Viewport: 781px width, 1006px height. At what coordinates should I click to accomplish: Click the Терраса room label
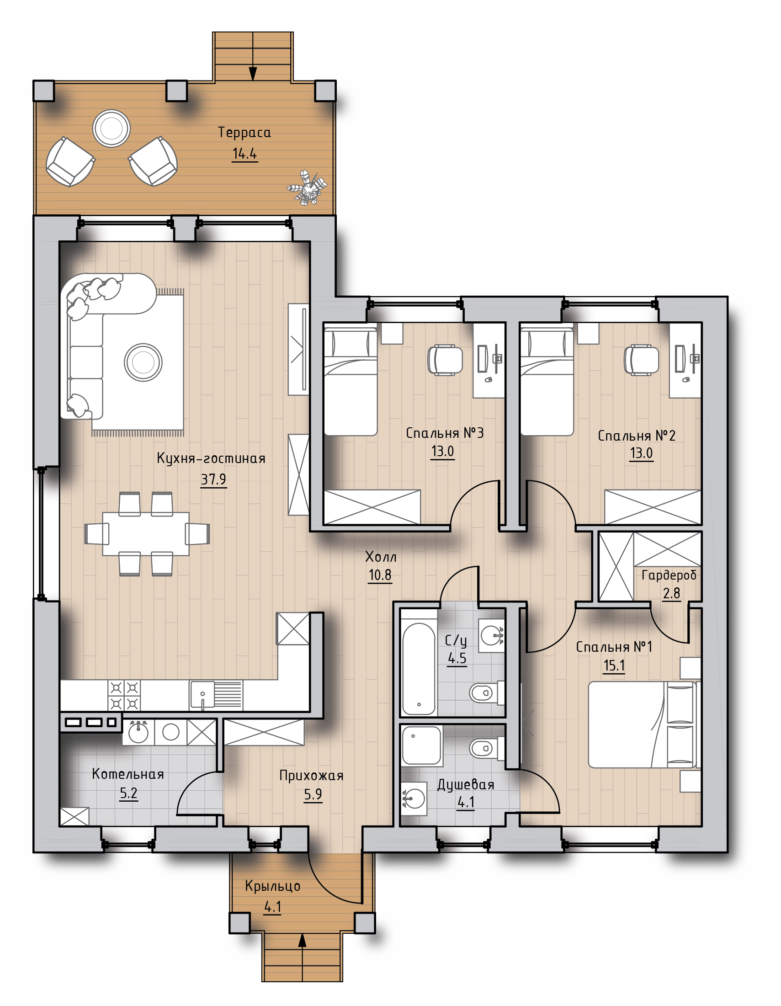click(244, 133)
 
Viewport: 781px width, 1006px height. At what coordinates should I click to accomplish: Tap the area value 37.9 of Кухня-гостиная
click(214, 479)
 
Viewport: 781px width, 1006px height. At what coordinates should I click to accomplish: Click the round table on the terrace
click(112, 128)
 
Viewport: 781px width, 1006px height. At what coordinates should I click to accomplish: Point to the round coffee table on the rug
click(143, 362)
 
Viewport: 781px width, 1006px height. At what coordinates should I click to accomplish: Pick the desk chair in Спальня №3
click(445, 360)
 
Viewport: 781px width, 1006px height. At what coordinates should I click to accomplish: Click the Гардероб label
click(669, 575)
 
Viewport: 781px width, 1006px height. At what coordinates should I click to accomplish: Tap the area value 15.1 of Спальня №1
click(614, 665)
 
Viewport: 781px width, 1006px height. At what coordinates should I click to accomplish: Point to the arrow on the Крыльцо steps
click(302, 957)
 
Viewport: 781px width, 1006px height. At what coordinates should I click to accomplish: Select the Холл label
click(380, 557)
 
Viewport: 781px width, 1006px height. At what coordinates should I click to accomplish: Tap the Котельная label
click(128, 774)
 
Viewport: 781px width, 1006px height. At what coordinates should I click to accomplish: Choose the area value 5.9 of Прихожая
click(313, 794)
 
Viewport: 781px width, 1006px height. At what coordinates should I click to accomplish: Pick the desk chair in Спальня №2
click(641, 360)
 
